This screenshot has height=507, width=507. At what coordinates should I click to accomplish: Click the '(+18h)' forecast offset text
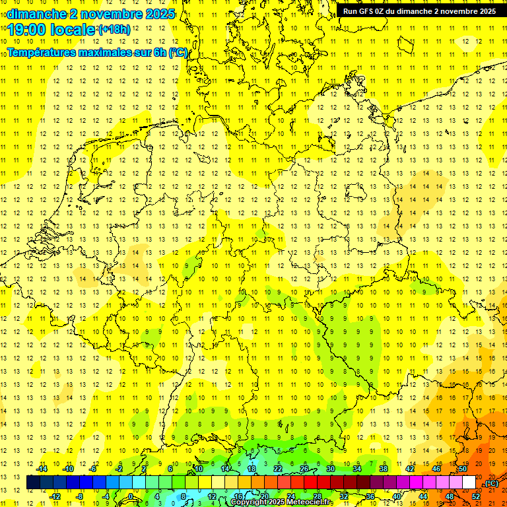[114, 30]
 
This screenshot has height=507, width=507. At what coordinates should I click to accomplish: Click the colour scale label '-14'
[42, 469]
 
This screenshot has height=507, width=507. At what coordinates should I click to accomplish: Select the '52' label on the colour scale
[476, 496]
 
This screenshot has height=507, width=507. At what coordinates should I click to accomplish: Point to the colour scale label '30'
[330, 469]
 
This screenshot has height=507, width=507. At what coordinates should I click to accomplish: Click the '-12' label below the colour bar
[55, 496]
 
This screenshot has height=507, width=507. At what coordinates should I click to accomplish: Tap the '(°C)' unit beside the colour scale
[491, 483]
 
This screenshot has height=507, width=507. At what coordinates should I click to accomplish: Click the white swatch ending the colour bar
[469, 483]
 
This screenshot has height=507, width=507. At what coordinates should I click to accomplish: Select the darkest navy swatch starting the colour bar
[33, 483]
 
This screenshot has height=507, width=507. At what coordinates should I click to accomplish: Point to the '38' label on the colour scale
[383, 469]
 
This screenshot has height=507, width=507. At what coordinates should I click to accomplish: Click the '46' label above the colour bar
[436, 469]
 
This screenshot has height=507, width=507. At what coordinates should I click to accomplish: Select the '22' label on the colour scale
[277, 469]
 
